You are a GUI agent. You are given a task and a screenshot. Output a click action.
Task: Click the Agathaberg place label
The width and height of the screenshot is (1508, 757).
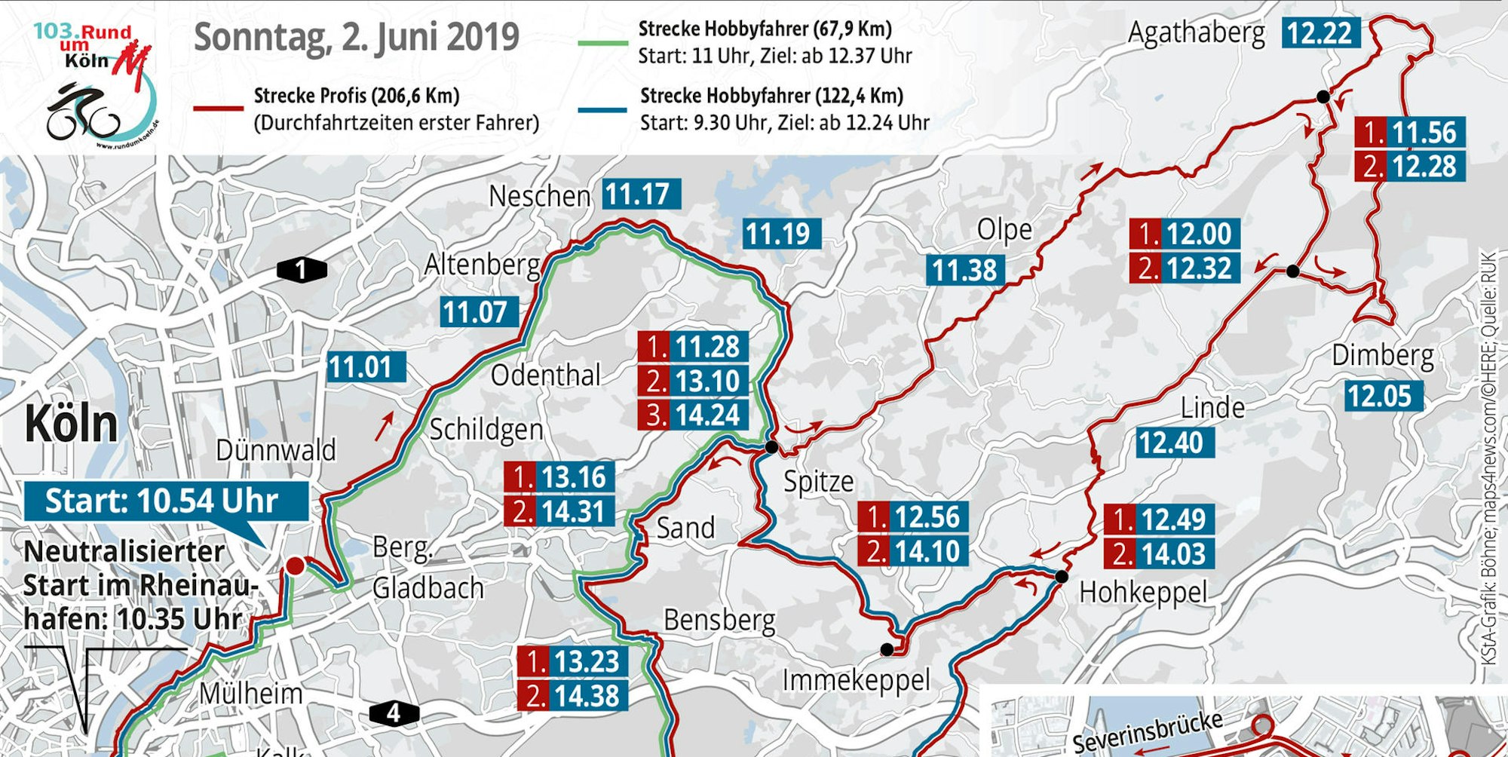pyautogui.click(x=1197, y=33)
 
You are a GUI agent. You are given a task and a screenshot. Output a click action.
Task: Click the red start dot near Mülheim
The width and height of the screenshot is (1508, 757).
pyautogui.click(x=295, y=565)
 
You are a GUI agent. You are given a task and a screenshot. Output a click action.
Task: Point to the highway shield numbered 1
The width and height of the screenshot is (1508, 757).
pyautogui.click(x=302, y=269)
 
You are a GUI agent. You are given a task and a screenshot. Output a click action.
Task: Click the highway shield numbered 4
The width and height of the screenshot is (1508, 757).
pyautogui.click(x=394, y=713)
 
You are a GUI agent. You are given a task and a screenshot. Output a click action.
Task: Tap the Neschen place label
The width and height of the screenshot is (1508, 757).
pyautogui.click(x=539, y=196)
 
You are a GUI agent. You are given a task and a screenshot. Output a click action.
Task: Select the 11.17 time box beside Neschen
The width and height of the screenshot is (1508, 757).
pyautogui.click(x=641, y=195)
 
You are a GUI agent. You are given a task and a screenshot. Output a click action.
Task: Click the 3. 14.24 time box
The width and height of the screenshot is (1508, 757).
pyautogui.click(x=693, y=415)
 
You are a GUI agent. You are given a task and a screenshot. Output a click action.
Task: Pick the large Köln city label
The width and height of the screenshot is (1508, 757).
pyautogui.click(x=72, y=424)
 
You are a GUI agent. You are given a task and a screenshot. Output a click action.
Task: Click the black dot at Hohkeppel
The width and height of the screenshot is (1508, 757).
pyautogui.click(x=1062, y=577)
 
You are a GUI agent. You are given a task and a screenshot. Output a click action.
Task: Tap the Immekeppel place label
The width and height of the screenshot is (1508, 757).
pyautogui.click(x=856, y=681)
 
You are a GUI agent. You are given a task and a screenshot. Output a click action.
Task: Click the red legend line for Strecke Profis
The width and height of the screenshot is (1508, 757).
pyautogui.click(x=219, y=109)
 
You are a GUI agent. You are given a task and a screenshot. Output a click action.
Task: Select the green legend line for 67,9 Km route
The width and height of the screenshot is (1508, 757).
pyautogui.click(x=602, y=43)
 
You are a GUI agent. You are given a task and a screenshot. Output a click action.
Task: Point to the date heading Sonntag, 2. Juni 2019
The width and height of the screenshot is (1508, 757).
pyautogui.click(x=357, y=38)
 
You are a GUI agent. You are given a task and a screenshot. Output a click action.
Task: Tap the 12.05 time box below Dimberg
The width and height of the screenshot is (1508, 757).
pyautogui.click(x=1384, y=396)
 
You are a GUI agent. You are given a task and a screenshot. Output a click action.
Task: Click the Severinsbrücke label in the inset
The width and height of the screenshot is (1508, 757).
pyautogui.click(x=1146, y=731)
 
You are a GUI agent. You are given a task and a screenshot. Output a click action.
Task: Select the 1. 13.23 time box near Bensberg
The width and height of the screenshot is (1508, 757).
pyautogui.click(x=572, y=661)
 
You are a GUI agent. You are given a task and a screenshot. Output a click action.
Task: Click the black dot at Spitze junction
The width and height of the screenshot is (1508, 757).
pyautogui.click(x=771, y=447)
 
